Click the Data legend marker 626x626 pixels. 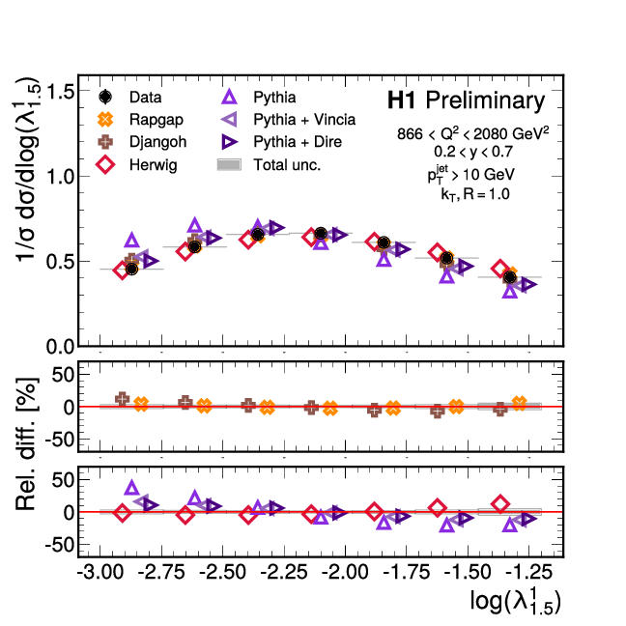tap(106, 98)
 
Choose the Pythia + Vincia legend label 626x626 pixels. tap(304, 120)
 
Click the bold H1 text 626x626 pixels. tap(402, 100)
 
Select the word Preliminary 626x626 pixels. tap(485, 100)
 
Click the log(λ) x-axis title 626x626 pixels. tap(516, 602)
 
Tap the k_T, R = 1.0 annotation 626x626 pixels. tap(469, 193)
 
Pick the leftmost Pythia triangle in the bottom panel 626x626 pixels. tap(132, 489)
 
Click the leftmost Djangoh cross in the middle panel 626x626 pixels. tap(123, 399)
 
